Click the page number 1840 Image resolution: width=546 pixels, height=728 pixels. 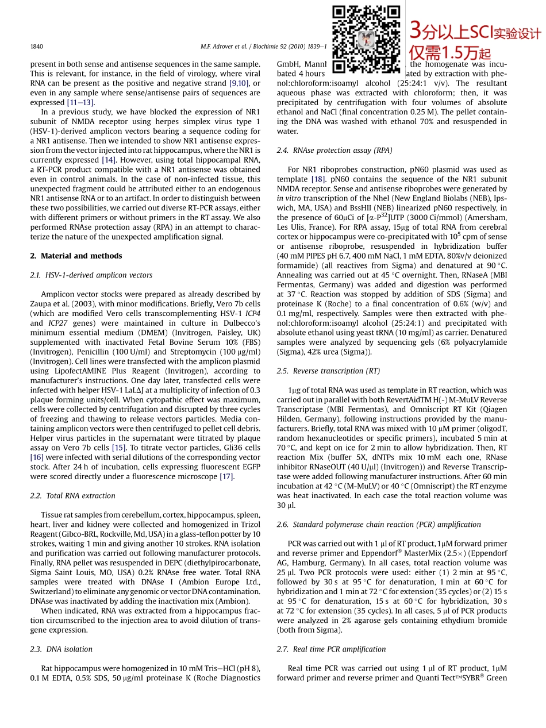pyautogui.click(x=36, y=47)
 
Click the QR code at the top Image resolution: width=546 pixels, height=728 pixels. pyautogui.click(x=366, y=38)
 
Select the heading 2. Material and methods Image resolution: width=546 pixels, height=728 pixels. pyautogui.click(x=76, y=256)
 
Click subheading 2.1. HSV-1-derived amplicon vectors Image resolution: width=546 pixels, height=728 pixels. pyautogui.click(x=91, y=275)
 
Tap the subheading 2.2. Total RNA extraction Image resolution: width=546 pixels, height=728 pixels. pyautogui.click(x=72, y=495)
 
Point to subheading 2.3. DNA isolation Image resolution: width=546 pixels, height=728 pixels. pyautogui.click(x=61, y=649)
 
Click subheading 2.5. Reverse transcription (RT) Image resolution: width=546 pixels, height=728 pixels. pyautogui.click(x=328, y=371)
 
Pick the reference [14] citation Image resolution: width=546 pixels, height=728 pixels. pyautogui.click(x=108, y=160)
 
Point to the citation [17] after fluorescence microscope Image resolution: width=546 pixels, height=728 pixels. pyautogui.click(x=226, y=476)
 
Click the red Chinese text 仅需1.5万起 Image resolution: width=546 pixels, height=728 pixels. pyautogui.click(x=449, y=53)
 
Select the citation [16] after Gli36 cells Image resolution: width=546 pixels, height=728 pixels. pyautogui.click(x=37, y=457)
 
